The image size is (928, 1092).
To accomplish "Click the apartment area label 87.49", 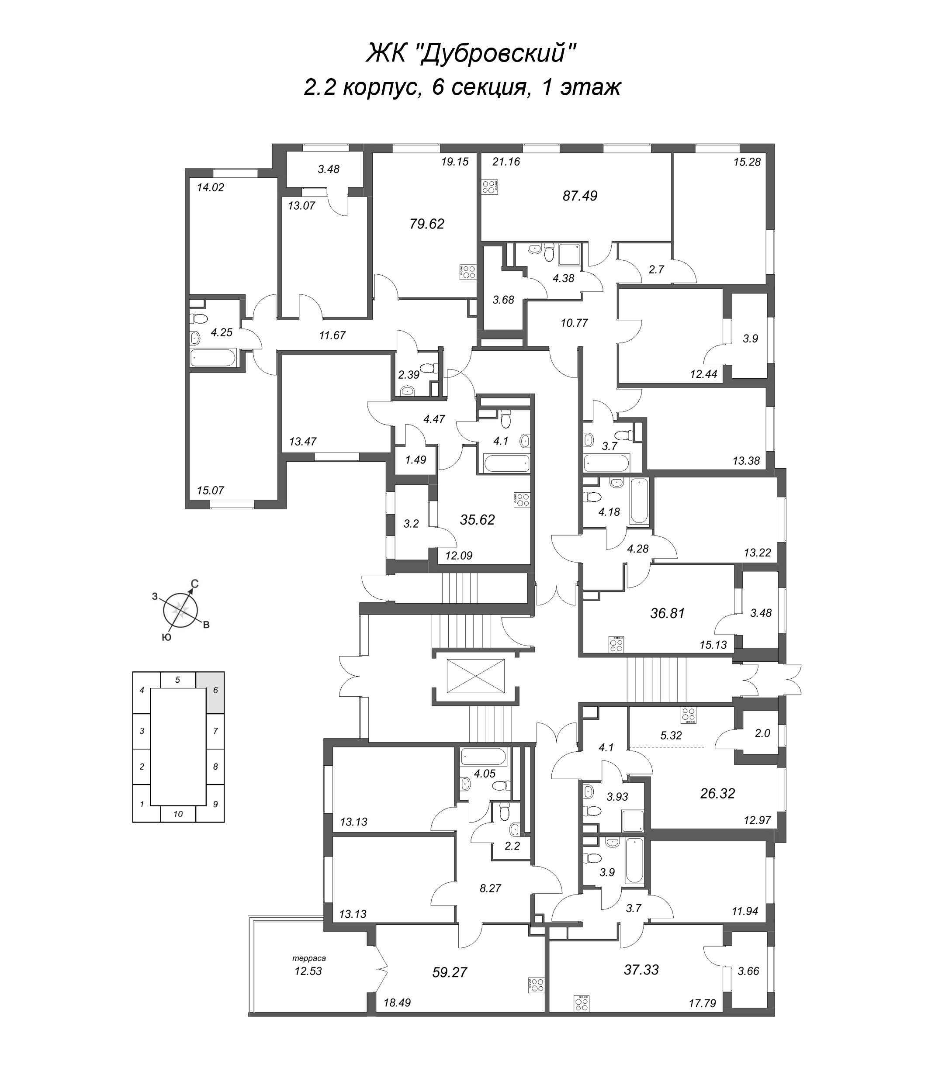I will tap(580, 196).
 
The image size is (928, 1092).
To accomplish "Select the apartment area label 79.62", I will tap(427, 224).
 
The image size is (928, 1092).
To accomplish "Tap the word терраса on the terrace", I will tap(309, 958).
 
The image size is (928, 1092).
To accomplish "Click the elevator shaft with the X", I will tap(475, 677).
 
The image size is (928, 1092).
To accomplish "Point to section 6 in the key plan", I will tap(215, 690).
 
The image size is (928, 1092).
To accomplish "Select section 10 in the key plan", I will tap(178, 814).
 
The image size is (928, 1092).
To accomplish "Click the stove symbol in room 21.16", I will tap(490, 187).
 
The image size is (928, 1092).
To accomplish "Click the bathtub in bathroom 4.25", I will tap(214, 359).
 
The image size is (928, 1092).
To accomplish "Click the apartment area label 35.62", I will tap(477, 520).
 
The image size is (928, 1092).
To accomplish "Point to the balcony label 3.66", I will tap(748, 971).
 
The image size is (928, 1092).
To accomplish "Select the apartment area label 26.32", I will tap(717, 793).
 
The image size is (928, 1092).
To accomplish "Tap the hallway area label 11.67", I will tap(332, 335).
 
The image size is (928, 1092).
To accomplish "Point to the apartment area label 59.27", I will tap(449, 972).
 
